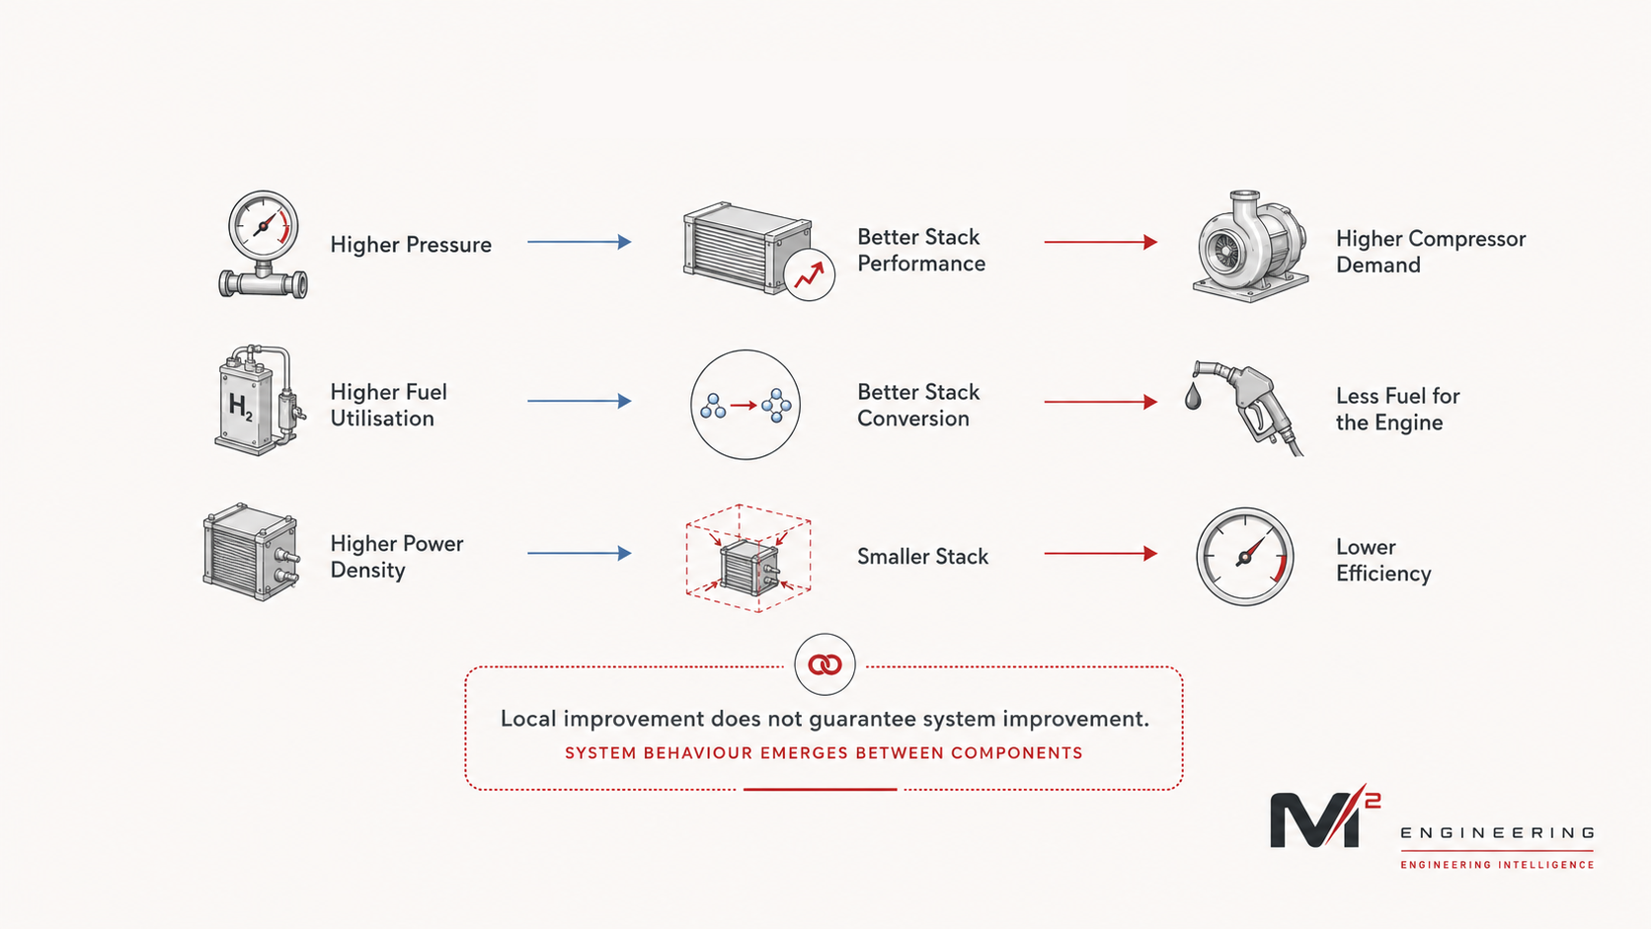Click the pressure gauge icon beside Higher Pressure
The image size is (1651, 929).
pyautogui.click(x=263, y=245)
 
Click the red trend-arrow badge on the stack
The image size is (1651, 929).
pyautogui.click(x=810, y=274)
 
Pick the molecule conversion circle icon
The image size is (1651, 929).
pyautogui.click(x=746, y=405)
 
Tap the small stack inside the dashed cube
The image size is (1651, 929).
pyautogui.click(x=748, y=567)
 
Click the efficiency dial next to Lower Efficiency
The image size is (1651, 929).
pyautogui.click(x=1245, y=556)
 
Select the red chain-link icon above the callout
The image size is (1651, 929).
pyautogui.click(x=825, y=664)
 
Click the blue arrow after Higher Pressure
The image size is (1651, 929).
pyautogui.click(x=580, y=242)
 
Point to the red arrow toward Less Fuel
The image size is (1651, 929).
pyautogui.click(x=1100, y=402)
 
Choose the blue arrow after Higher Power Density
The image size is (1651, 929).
pyautogui.click(x=580, y=553)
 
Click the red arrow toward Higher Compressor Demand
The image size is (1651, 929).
pyautogui.click(x=1100, y=242)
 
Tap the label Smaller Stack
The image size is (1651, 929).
pyautogui.click(x=922, y=556)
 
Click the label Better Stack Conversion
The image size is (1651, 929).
pyautogui.click(x=918, y=405)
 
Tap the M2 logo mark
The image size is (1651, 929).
pyautogui.click(x=1324, y=816)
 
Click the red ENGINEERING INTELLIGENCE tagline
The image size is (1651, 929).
pyautogui.click(x=1497, y=864)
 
